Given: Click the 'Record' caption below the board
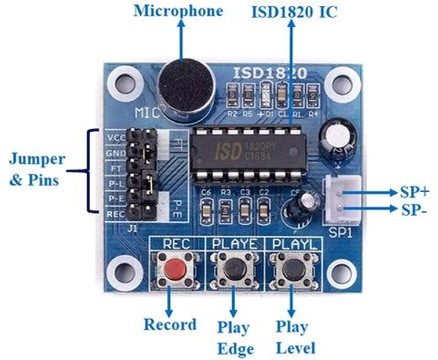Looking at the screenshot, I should [x=169, y=324].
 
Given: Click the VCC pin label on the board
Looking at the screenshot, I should [x=115, y=136].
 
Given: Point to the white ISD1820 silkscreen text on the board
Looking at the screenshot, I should [x=270, y=73].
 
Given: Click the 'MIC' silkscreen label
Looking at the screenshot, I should [x=148, y=113].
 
